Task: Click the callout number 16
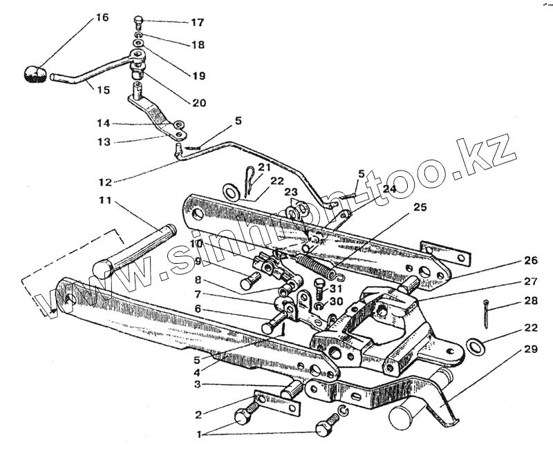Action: pyautogui.click(x=102, y=17)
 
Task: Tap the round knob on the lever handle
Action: pyautogui.click(x=35, y=74)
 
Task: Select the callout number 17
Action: pyautogui.click(x=197, y=23)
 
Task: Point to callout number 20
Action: pyautogui.click(x=199, y=103)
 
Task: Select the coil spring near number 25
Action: pyautogui.click(x=318, y=259)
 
